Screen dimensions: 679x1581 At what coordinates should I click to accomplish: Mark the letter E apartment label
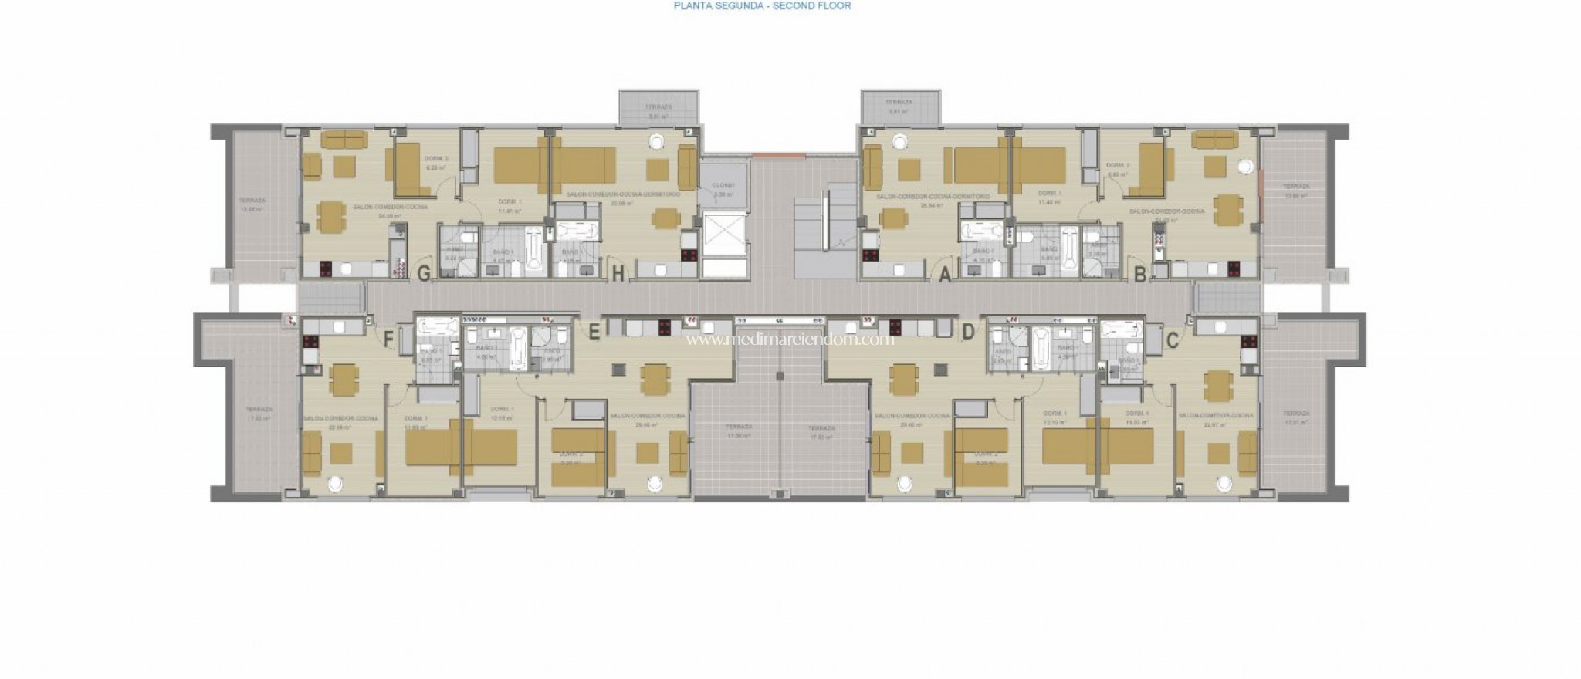594,333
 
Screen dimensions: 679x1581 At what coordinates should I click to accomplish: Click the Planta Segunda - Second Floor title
763,5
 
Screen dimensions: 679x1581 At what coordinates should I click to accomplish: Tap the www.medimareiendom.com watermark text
790,339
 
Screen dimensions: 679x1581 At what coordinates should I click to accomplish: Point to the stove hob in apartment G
326,269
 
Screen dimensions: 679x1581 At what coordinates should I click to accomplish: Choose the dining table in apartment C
1218,381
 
